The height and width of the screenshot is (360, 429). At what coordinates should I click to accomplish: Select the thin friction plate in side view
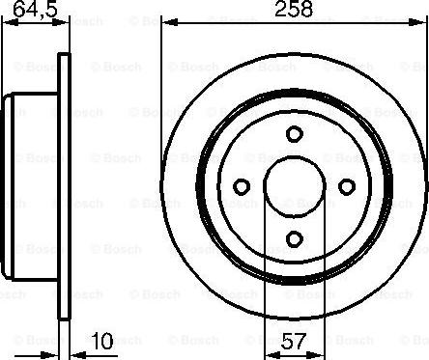pos(66,183)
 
